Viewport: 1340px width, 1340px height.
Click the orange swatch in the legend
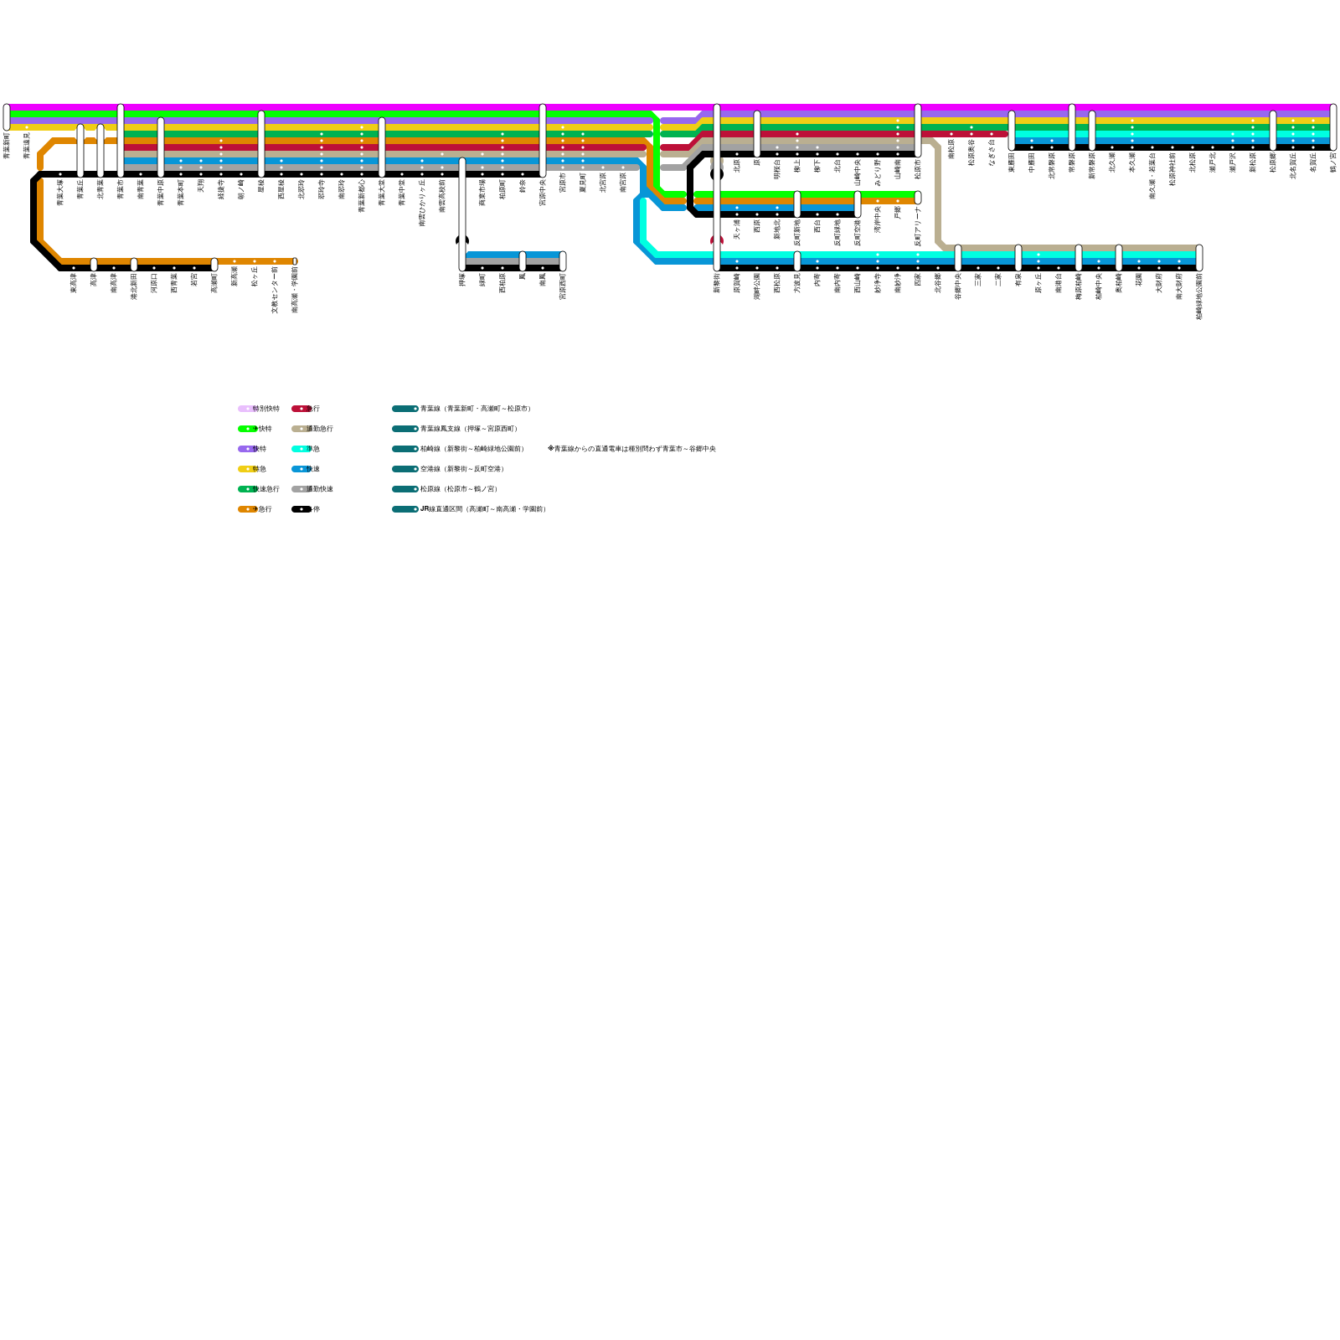point(246,509)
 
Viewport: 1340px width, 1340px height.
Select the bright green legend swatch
point(246,429)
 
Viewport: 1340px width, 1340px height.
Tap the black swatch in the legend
point(300,509)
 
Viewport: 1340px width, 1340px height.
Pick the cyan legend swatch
point(300,449)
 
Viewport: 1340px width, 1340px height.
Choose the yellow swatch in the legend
point(246,469)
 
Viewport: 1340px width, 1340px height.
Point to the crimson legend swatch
point(300,409)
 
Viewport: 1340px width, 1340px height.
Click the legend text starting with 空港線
point(461,469)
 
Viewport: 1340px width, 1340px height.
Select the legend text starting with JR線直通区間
point(482,509)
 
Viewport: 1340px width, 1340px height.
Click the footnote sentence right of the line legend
point(631,449)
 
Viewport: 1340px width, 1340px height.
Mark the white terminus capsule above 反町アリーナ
point(918,198)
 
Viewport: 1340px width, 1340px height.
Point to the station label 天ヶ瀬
point(737,229)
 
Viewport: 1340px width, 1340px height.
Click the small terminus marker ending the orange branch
point(295,261)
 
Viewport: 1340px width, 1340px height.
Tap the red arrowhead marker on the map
point(716,240)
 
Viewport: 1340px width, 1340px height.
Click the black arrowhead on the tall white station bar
point(462,240)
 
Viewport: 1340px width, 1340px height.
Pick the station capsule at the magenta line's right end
point(1333,126)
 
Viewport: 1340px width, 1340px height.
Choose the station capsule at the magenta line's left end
point(7,117)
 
